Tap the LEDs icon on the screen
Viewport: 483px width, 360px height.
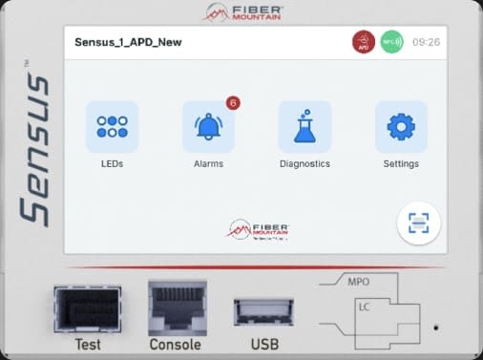112,127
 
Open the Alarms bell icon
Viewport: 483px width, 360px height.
208,127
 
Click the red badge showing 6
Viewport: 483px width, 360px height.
232,102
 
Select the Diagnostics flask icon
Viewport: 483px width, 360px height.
304,127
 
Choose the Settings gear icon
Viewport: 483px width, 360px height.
401,127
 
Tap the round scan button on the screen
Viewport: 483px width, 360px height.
420,223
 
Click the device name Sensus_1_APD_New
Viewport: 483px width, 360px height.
128,42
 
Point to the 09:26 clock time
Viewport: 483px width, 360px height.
426,42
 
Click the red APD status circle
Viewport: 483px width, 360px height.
364,42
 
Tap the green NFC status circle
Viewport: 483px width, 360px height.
391,42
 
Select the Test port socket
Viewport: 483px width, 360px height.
87,308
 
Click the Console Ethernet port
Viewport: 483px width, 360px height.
177,306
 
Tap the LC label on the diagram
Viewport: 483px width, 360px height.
365,307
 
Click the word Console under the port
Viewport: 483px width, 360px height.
176,345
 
